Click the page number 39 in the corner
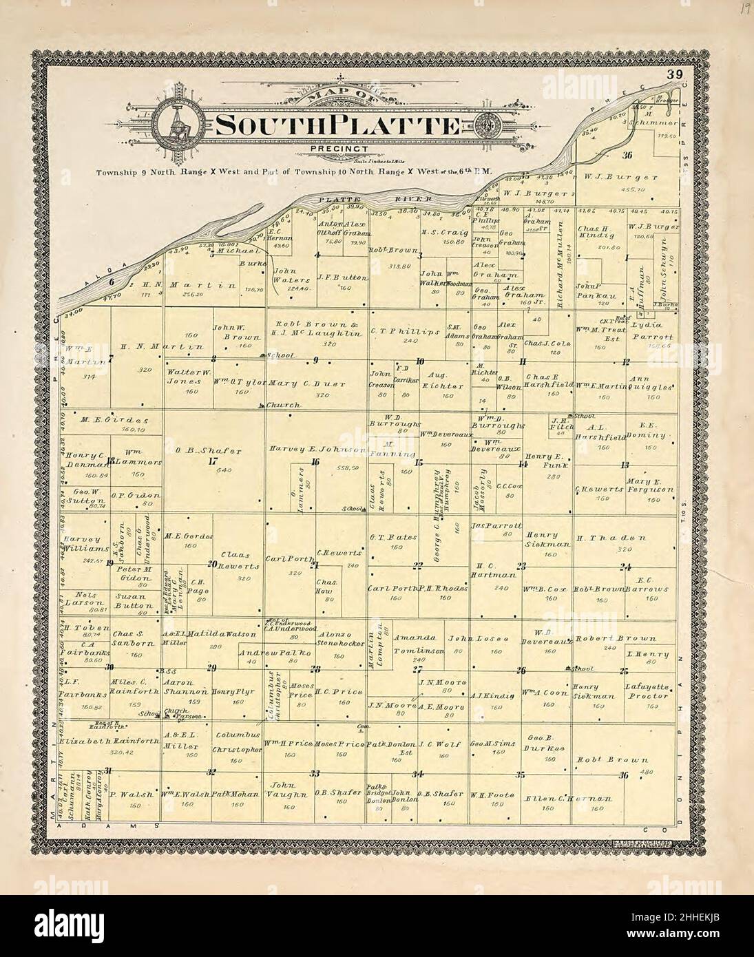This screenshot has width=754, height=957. [x=673, y=74]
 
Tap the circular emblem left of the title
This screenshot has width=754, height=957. [x=175, y=125]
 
